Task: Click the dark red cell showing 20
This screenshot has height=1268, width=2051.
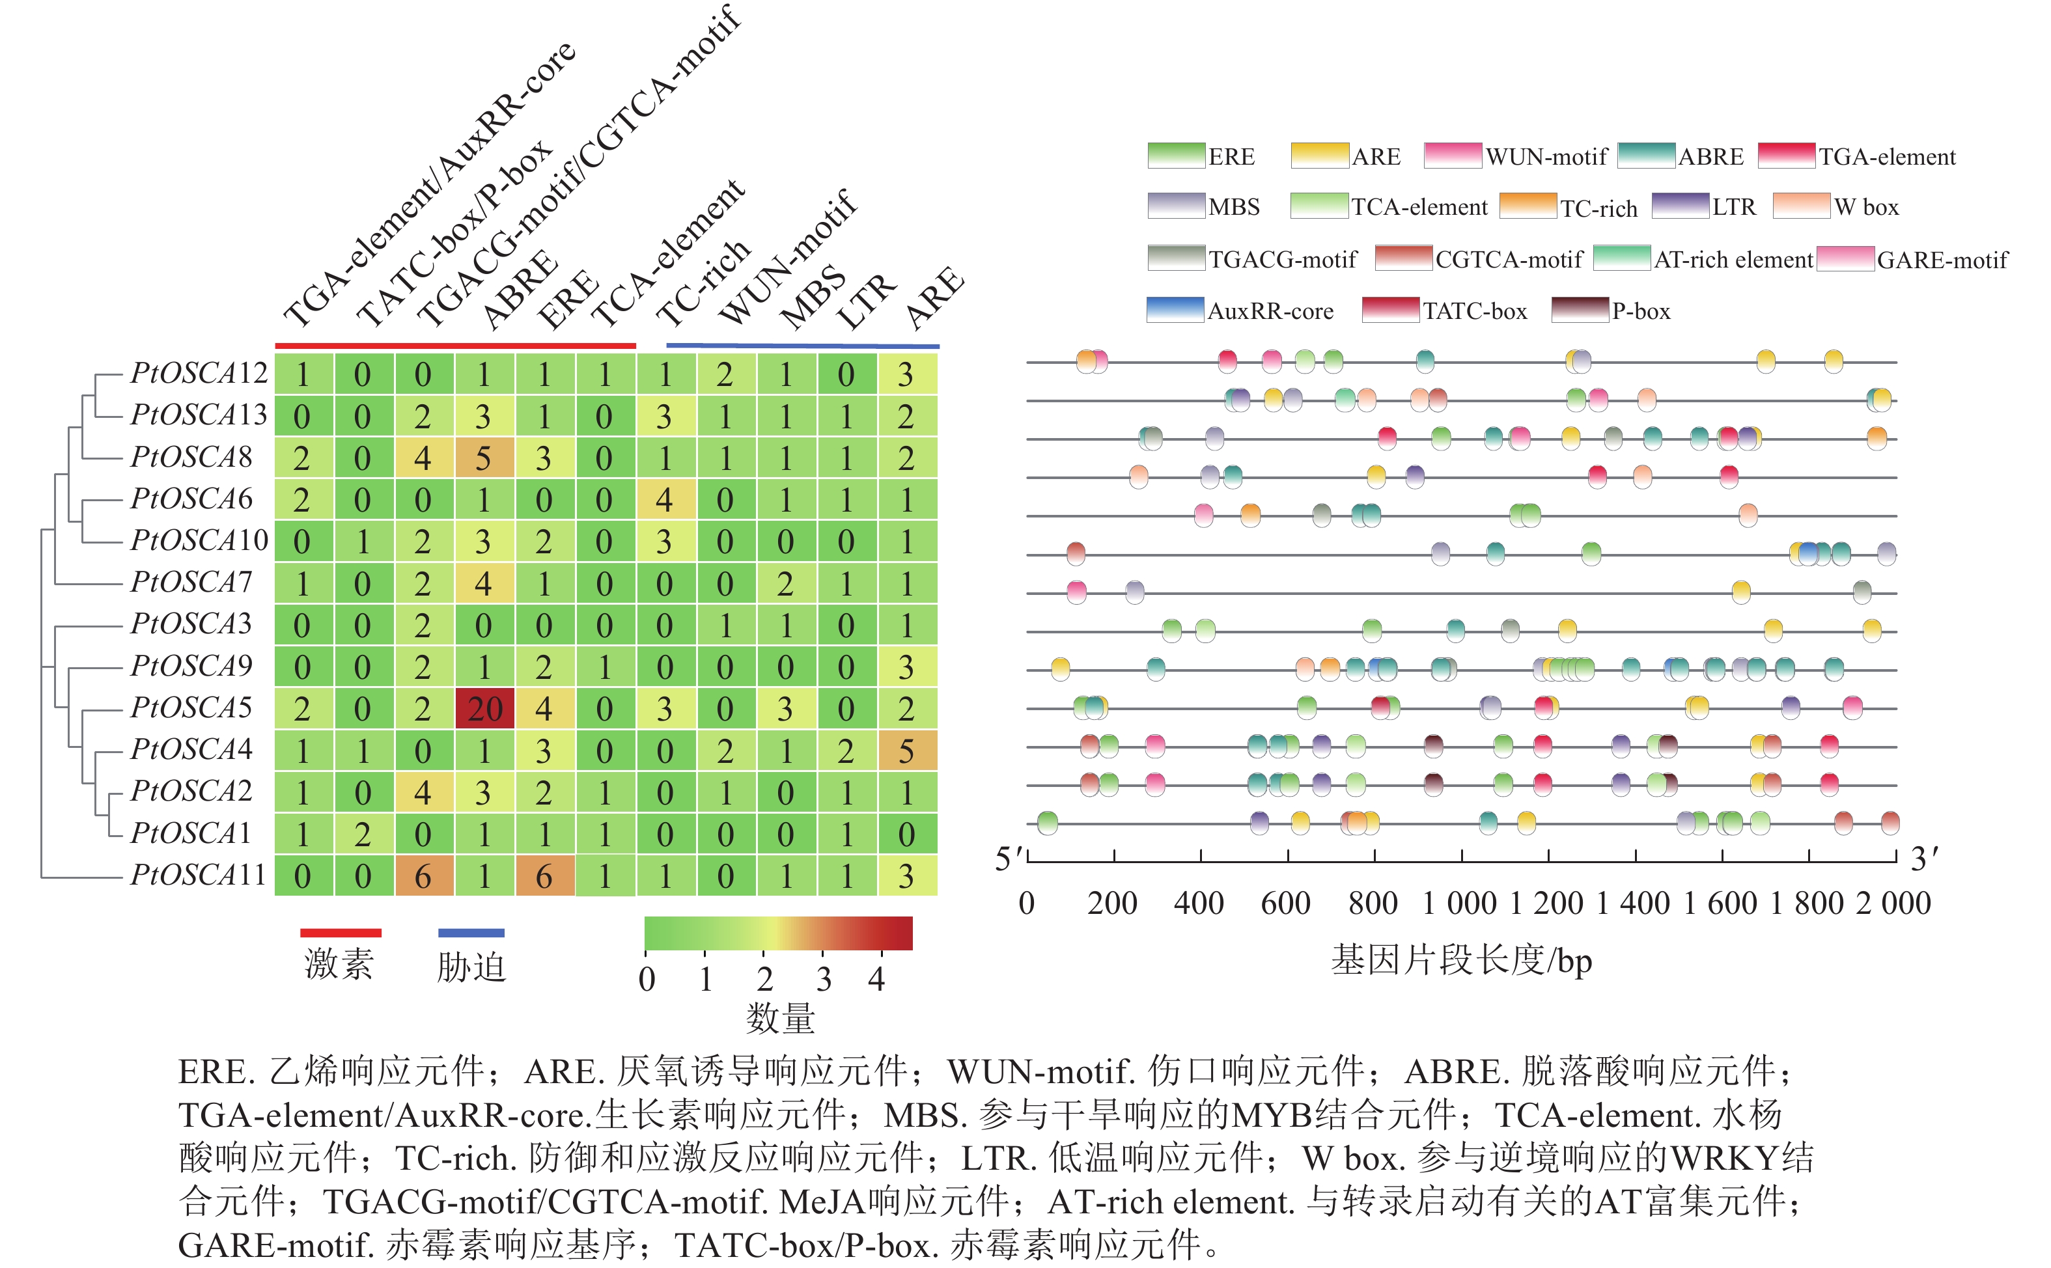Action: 484,709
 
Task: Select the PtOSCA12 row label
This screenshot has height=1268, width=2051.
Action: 199,373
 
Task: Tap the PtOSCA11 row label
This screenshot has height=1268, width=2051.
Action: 198,875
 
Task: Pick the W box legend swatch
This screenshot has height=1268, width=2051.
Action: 1801,206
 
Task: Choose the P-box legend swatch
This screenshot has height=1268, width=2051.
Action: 1580,310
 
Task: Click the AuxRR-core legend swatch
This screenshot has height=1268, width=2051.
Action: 1175,310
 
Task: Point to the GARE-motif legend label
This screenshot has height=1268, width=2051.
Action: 1942,260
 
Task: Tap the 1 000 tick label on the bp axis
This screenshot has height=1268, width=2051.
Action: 1460,904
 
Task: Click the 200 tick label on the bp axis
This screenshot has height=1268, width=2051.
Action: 1112,904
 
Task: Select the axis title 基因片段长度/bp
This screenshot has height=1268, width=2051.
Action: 1461,960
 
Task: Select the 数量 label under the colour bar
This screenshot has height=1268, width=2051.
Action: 780,1018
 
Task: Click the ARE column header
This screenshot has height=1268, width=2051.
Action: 934,297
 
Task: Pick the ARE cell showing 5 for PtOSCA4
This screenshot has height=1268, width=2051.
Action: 907,751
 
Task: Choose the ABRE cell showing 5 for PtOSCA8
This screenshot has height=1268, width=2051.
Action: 484,458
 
